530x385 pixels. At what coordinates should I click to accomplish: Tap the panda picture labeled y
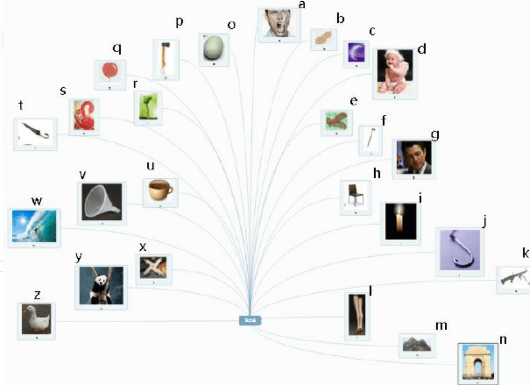[x=101, y=285]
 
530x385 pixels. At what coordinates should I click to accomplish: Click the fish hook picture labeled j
[x=459, y=251]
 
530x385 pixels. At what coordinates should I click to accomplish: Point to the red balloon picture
[x=110, y=72]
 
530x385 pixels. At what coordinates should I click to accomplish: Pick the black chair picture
[x=355, y=196]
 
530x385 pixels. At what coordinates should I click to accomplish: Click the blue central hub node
[x=250, y=320]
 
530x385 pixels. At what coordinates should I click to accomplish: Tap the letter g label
[x=434, y=133]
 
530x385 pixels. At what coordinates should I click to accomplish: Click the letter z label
[x=37, y=294]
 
